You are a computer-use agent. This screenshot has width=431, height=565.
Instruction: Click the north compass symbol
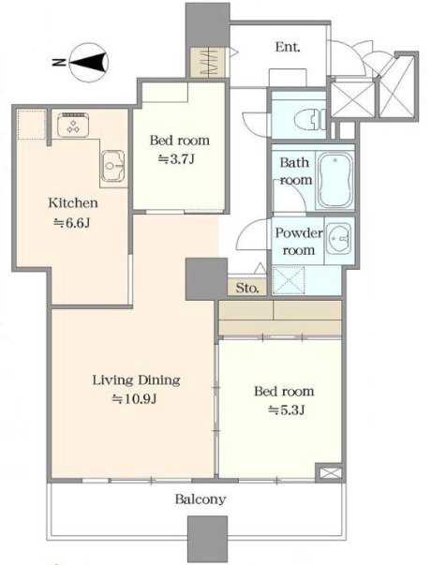click(x=89, y=62)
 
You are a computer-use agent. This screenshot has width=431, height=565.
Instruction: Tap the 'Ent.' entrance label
click(x=288, y=47)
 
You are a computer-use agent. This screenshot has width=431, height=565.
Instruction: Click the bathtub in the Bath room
click(x=335, y=180)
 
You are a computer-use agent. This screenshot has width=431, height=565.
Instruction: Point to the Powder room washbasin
click(x=339, y=238)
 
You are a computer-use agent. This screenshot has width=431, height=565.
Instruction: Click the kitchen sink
click(x=113, y=166)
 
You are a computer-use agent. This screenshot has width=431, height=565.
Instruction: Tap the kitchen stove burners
click(x=73, y=125)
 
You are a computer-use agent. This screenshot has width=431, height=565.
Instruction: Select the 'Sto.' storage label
click(x=247, y=288)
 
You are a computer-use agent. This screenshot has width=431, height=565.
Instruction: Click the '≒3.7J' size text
click(x=177, y=159)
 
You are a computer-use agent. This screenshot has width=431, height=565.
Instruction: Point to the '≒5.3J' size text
click(x=287, y=409)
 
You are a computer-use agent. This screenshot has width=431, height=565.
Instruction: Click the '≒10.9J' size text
click(x=134, y=399)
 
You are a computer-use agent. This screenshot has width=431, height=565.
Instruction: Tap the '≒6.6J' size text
click(x=72, y=223)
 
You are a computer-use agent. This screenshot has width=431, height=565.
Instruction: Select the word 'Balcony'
click(x=201, y=499)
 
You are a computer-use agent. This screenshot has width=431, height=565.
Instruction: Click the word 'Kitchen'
click(x=73, y=202)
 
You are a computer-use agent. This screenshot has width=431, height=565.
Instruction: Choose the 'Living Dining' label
click(x=136, y=380)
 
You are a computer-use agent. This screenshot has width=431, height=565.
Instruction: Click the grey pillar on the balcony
click(x=208, y=540)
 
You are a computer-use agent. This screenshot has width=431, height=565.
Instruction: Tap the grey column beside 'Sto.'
click(x=206, y=279)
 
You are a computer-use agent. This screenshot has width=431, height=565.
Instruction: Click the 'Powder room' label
click(x=298, y=241)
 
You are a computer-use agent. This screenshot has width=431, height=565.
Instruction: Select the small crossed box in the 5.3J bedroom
click(x=329, y=472)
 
